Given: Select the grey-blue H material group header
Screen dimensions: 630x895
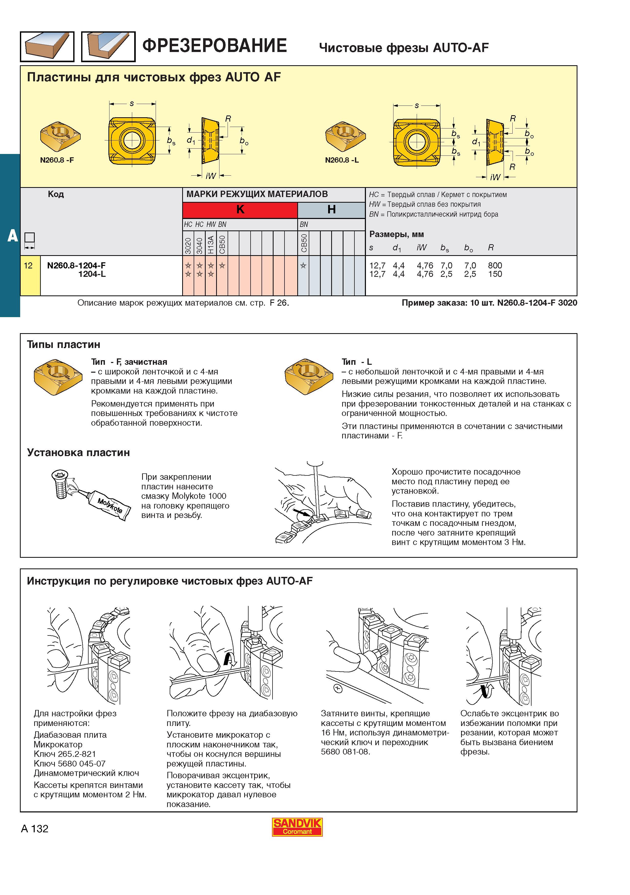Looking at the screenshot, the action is coord(331,210).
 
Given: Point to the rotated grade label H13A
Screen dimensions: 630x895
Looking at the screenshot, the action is coord(211,244).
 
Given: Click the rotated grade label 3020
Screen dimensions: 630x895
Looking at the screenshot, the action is coord(188,245).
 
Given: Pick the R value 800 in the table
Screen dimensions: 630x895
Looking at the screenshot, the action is coord(495,265).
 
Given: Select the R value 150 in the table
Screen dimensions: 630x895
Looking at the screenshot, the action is coord(495,274).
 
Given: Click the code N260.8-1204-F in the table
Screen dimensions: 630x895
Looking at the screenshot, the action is coord(77,265).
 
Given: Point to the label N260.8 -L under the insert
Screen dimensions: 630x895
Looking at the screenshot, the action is coord(342,160).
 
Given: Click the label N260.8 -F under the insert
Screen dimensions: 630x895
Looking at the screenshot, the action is coord(57,160).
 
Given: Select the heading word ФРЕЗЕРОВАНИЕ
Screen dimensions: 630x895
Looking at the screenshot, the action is coord(215,46).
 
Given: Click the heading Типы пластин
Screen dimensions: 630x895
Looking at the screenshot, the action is coord(64,345).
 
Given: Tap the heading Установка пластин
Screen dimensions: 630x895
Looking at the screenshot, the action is coord(78,452).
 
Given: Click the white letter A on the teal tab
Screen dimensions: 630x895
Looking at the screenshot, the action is coord(13,236).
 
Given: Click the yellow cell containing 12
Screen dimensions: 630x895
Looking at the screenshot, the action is coord(30,275).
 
